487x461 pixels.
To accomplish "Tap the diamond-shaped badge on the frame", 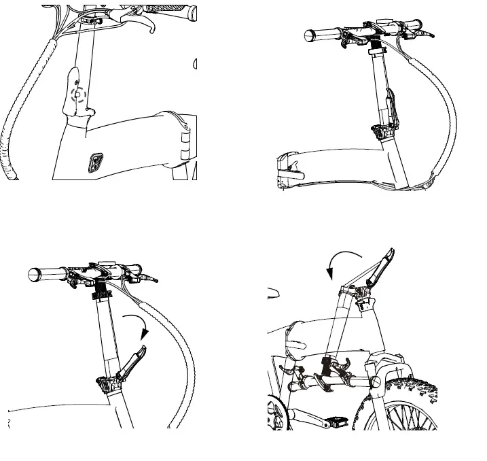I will [96, 162].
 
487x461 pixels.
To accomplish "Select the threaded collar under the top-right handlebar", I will [373, 51].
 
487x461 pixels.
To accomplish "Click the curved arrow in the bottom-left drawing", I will [139, 326].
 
